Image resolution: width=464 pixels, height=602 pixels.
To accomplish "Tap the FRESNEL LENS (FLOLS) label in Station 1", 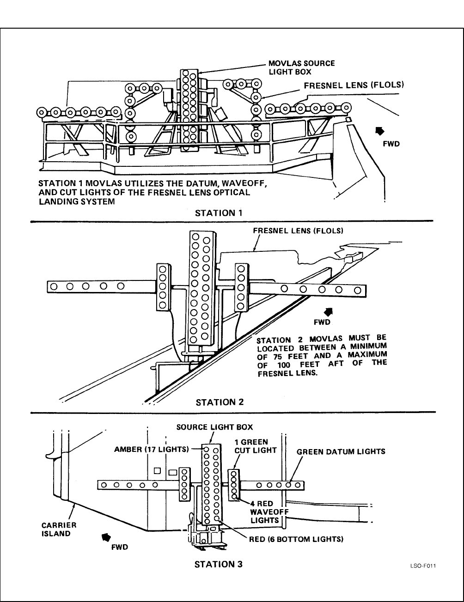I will pyautogui.click(x=354, y=85).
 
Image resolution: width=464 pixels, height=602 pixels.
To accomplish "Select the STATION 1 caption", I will pyautogui.click(x=219, y=213).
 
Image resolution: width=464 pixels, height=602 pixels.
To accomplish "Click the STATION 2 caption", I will pyautogui.click(x=220, y=401).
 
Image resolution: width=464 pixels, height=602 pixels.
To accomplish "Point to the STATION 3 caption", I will pyautogui.click(x=219, y=564).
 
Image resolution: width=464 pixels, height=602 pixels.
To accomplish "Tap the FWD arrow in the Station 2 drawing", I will pyautogui.click(x=330, y=311).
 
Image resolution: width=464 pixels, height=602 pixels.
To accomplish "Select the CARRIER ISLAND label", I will pyautogui.click(x=59, y=529).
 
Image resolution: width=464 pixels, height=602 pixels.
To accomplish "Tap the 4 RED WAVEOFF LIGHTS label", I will pyautogui.click(x=267, y=512).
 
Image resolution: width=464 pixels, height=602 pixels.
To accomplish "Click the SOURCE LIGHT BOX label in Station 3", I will pyautogui.click(x=214, y=427).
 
